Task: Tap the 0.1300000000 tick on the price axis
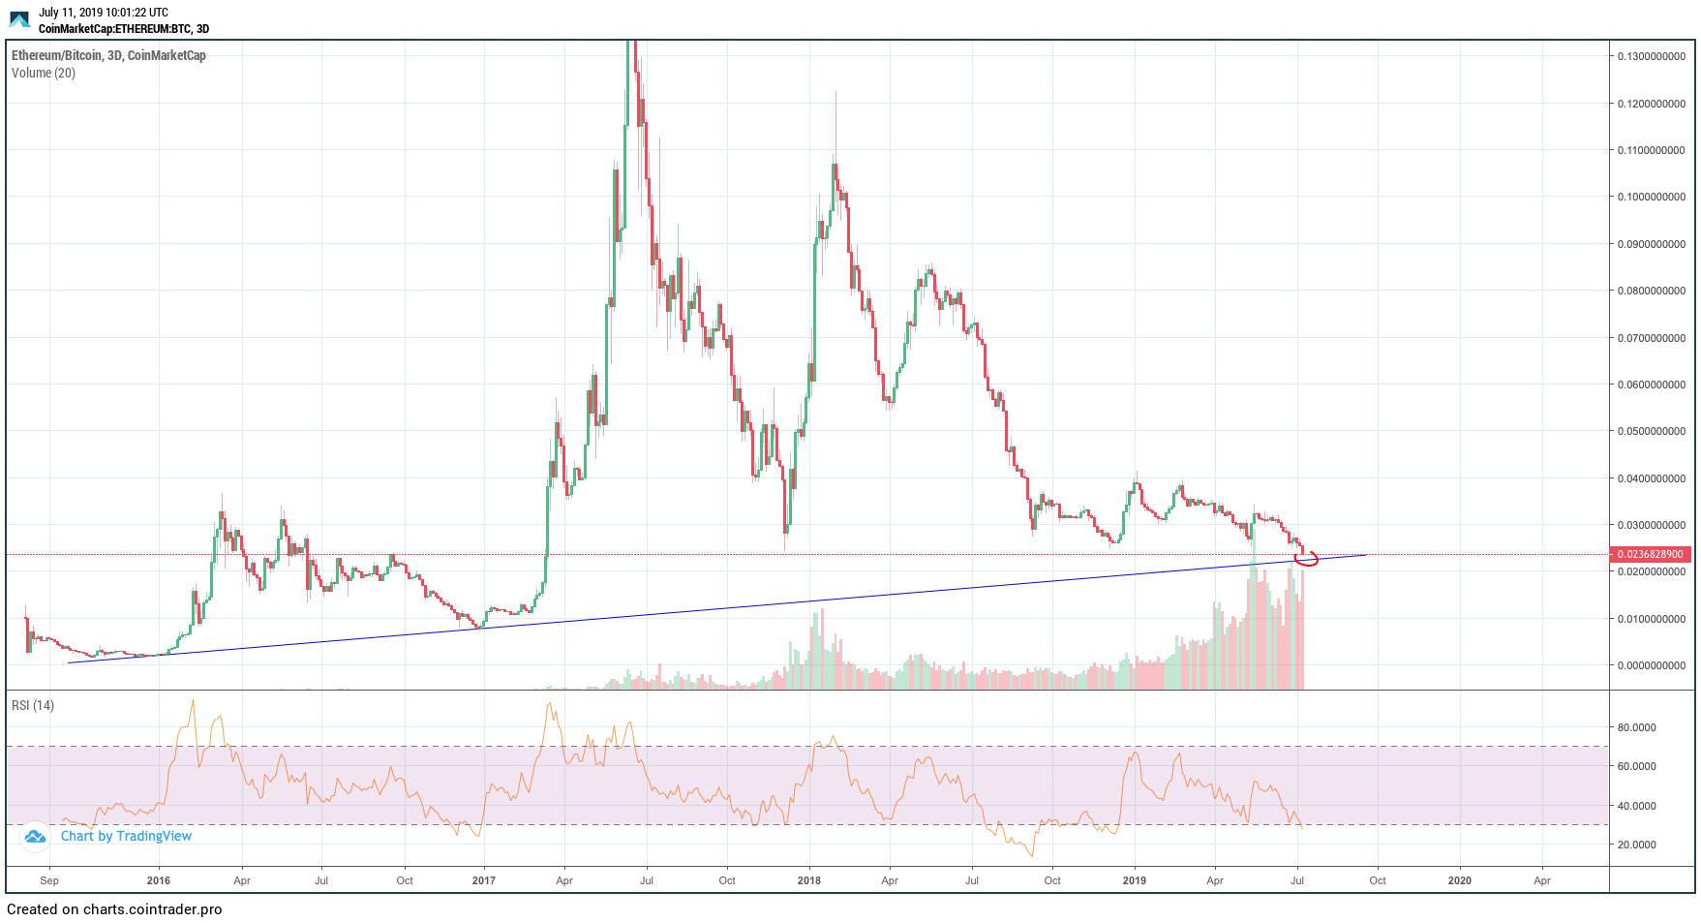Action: tap(1651, 56)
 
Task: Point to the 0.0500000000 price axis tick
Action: tap(1651, 431)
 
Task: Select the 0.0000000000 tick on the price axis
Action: tap(1651, 665)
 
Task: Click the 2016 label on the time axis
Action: tap(158, 880)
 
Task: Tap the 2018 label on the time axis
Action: tap(808, 880)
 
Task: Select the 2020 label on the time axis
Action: tap(1459, 880)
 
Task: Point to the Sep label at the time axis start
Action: tap(49, 880)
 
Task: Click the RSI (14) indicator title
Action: tap(33, 705)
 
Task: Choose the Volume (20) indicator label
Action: tap(44, 73)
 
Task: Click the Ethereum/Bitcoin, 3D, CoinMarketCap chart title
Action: tap(108, 55)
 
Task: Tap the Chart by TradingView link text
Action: tap(126, 836)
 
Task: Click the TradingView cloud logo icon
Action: tap(35, 836)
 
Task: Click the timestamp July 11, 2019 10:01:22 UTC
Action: tap(104, 13)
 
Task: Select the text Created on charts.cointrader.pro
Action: tap(114, 909)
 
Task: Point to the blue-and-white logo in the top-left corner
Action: tap(19, 19)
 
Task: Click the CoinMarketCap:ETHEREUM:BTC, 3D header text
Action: tap(124, 29)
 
